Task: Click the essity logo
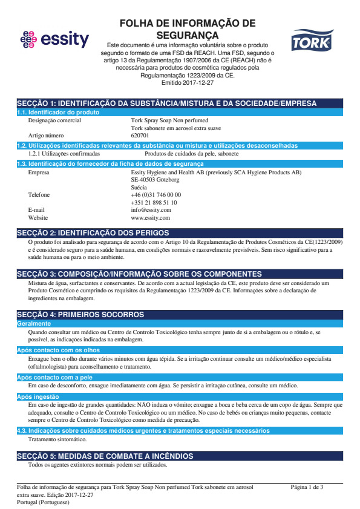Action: [54, 41]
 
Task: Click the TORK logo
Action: [311, 42]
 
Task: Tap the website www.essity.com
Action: [150, 217]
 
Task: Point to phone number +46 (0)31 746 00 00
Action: [155, 195]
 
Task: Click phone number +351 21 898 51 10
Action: [154, 202]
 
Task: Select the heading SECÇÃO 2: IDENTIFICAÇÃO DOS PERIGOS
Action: [93, 233]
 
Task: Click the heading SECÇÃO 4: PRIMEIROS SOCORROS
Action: [80, 315]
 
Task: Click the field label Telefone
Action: [39, 195]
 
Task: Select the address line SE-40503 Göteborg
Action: [155, 180]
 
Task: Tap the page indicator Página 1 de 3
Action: [307, 487]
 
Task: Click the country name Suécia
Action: [139, 188]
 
